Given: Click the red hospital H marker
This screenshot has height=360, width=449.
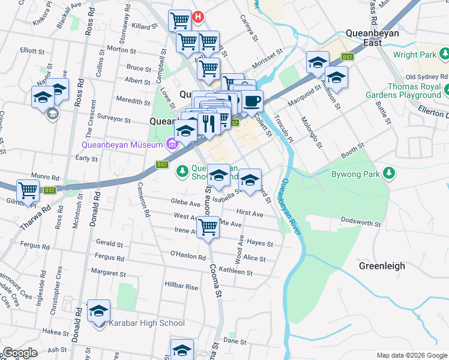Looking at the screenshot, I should click(198, 18).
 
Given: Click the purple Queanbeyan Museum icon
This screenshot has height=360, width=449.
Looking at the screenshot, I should click(172, 145).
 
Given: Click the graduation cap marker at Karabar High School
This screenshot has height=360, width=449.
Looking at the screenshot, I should click(99, 311).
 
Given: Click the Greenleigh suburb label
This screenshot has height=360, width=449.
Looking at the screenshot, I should click(382, 266).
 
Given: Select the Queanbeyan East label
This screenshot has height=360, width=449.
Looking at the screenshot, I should click(372, 38).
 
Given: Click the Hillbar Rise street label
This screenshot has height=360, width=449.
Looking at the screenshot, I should click(181, 287).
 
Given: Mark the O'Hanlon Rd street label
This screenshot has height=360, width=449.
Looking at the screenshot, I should click(188, 256).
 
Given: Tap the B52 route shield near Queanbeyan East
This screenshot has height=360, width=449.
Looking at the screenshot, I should click(347, 56).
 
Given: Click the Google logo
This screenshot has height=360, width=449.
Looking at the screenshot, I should click(20, 353).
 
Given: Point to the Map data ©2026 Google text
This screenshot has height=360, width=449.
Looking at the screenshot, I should click(411, 355).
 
